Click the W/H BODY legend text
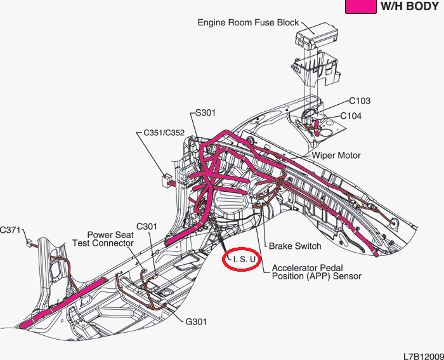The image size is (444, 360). click(409, 7)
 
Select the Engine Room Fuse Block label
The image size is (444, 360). click(248, 22)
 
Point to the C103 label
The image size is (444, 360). click(360, 101)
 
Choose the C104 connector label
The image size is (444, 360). click(351, 116)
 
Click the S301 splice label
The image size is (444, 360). click(206, 113)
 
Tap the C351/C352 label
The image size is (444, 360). click(164, 133)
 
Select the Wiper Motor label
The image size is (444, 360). click(336, 155)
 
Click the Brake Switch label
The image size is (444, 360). click(295, 246)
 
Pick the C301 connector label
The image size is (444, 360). click(147, 226)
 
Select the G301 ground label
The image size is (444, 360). click(197, 322)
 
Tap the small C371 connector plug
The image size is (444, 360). click(29, 242)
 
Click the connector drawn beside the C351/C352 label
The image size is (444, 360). click(166, 179)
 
